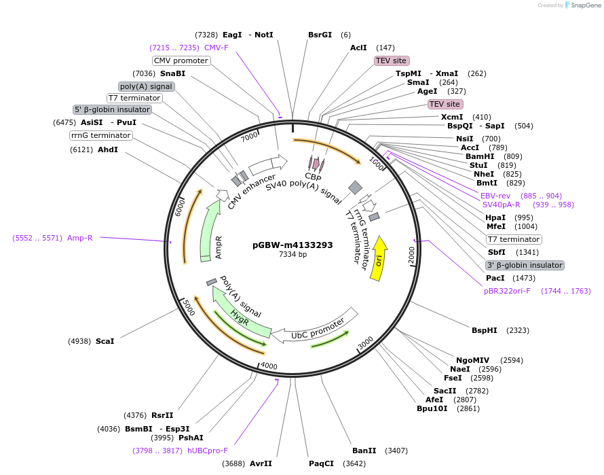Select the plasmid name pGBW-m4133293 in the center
(292, 245)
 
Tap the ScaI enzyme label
(105, 341)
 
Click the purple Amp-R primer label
(80, 238)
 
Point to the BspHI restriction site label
(485, 330)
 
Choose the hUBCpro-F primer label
(207, 450)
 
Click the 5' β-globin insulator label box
(112, 109)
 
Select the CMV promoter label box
(181, 60)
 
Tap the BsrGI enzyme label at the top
(320, 35)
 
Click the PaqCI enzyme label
(322, 463)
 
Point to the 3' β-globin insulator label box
(525, 265)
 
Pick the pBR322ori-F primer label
(507, 291)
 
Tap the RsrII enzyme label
(162, 415)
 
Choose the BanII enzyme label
(364, 451)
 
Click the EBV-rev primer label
(495, 196)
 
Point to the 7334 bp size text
(292, 255)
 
